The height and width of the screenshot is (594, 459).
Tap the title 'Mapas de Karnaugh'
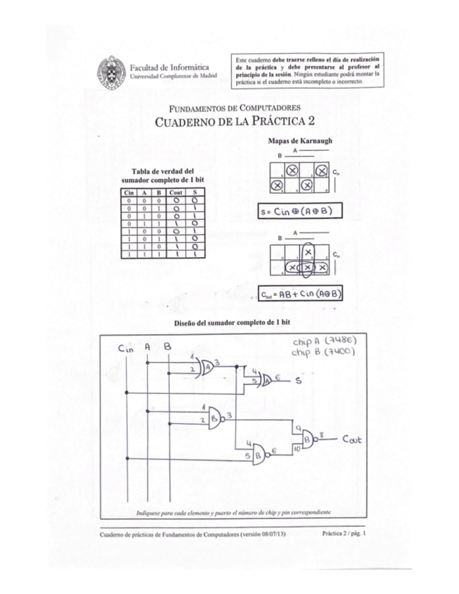(300, 141)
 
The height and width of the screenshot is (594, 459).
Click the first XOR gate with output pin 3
(209, 366)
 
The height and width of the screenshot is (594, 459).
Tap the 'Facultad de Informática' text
(164, 66)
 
